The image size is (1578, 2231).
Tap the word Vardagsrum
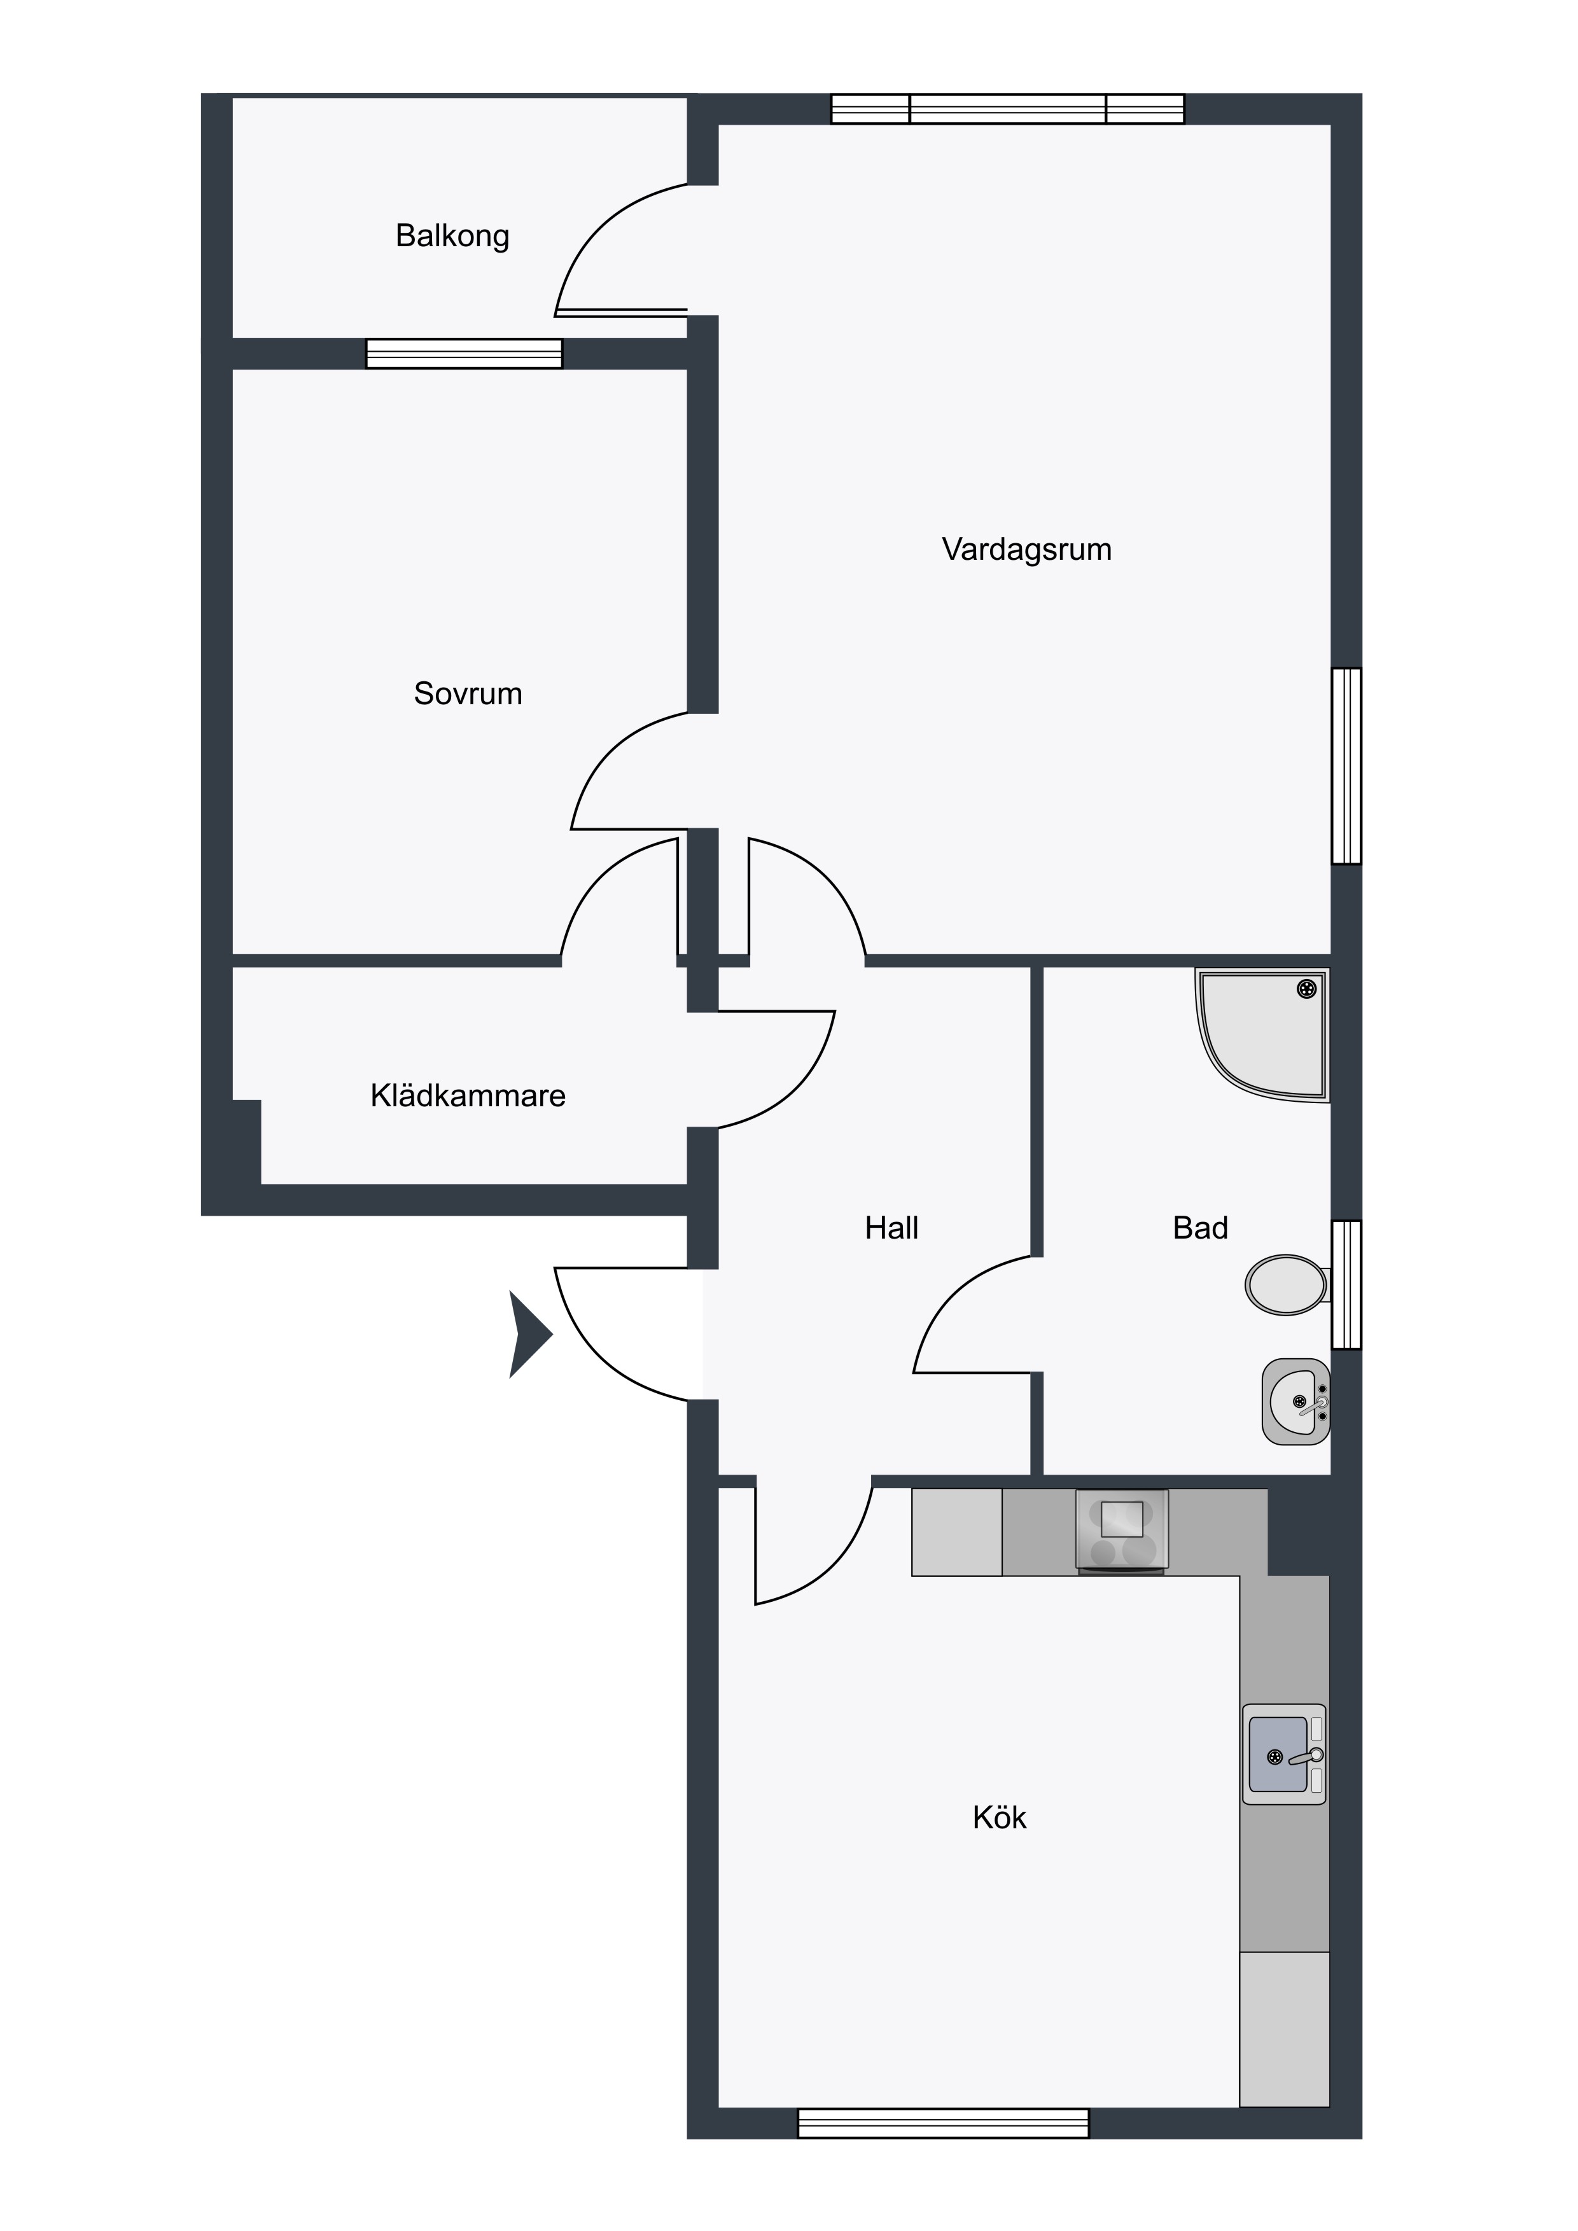pos(1026,550)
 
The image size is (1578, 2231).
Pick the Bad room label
pos(1200,1228)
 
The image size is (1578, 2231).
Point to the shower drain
pos(1307,989)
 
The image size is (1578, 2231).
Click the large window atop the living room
pos(1008,109)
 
